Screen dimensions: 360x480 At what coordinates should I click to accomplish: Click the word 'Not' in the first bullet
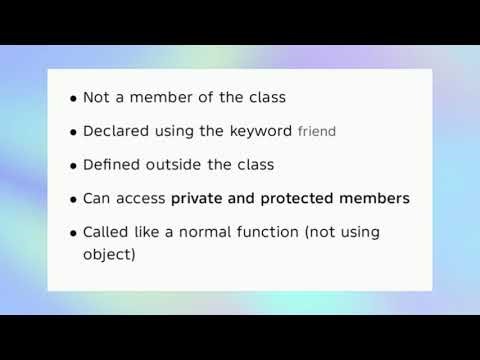(96, 98)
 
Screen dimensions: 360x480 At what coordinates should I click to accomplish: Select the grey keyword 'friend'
(317, 132)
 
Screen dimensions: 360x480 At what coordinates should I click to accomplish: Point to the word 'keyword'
(264, 131)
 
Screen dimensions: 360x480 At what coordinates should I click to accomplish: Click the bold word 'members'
(377, 199)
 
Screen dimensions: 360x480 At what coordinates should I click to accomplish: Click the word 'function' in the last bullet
(279, 232)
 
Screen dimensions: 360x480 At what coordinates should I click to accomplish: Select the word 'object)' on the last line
(109, 254)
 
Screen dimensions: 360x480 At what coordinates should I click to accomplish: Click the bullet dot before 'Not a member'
(74, 99)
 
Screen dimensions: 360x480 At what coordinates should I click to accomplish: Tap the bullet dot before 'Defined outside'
(74, 166)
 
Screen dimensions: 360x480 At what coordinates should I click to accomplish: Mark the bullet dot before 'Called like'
(74, 233)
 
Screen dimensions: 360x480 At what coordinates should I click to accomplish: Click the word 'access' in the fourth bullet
(142, 199)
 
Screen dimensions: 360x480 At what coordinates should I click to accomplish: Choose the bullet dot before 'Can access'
(74, 200)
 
